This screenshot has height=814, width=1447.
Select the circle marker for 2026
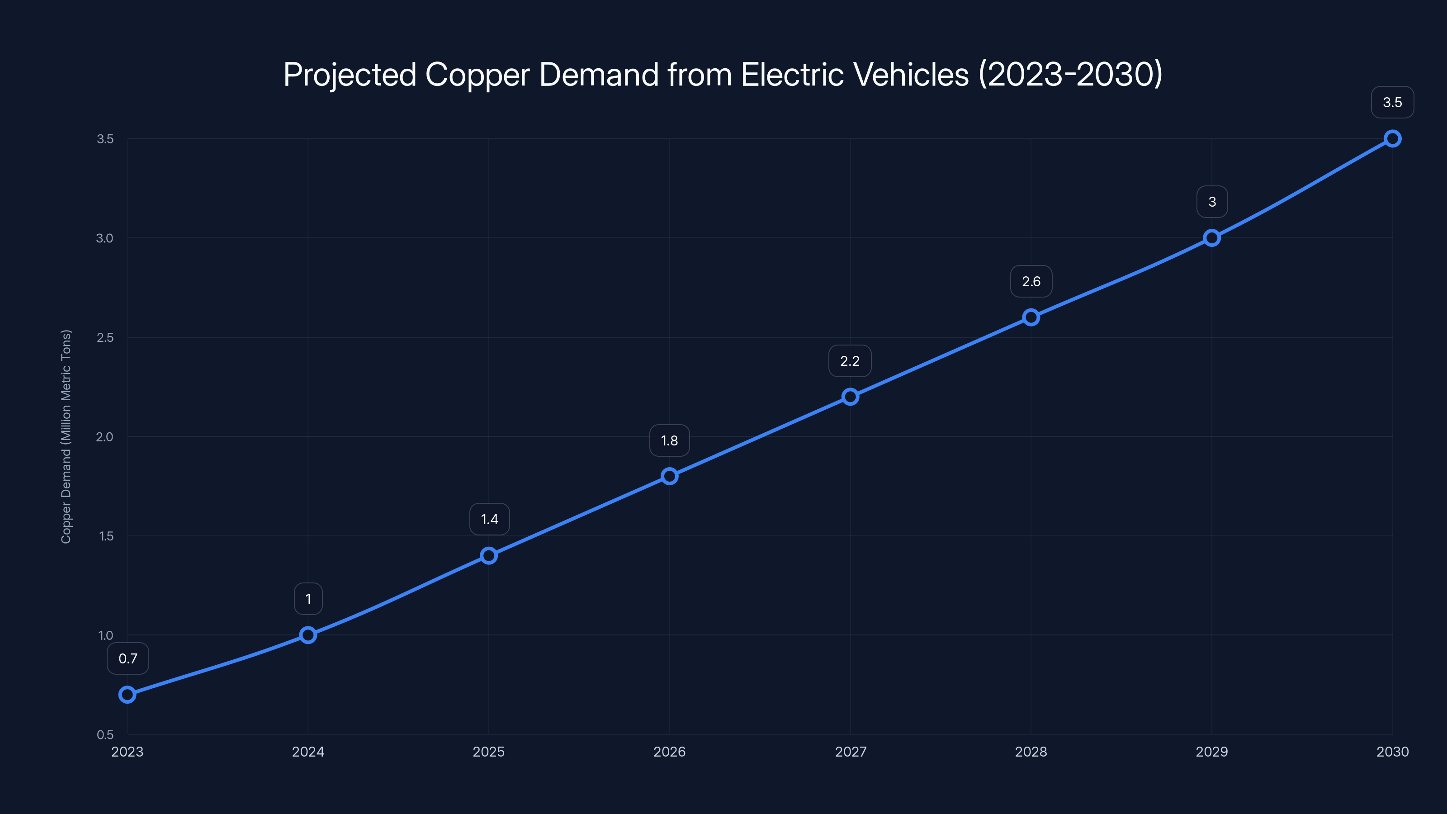[669, 476]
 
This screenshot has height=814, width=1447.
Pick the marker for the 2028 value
[1031, 317]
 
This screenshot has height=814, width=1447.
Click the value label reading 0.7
[128, 658]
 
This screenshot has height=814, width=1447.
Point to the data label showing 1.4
[489, 519]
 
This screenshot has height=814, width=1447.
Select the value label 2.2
[850, 361]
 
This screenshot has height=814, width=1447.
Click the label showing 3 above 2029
[1212, 202]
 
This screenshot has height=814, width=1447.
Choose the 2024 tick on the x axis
[308, 752]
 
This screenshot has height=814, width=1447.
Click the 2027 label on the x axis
[851, 752]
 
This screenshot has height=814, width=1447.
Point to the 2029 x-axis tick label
[1212, 752]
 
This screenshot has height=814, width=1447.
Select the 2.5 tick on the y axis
[105, 338]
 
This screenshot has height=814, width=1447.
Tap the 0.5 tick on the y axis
[105, 735]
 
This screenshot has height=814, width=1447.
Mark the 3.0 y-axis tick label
[105, 238]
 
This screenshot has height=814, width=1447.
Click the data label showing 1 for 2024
[308, 599]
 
